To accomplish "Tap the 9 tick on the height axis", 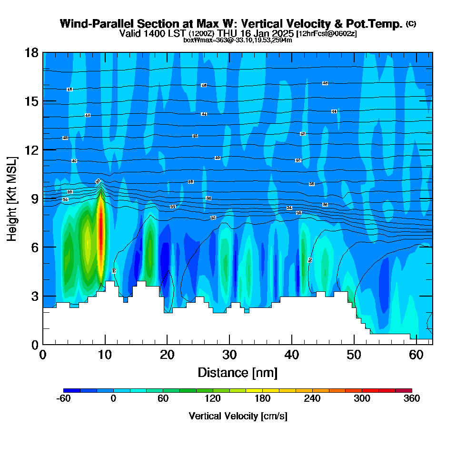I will click(x=34, y=198).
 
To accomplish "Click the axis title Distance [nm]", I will click(x=238, y=372).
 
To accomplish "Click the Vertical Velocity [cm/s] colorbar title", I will click(x=238, y=416).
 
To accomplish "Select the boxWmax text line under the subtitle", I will click(x=238, y=40).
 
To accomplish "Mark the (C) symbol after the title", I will click(x=411, y=24).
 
